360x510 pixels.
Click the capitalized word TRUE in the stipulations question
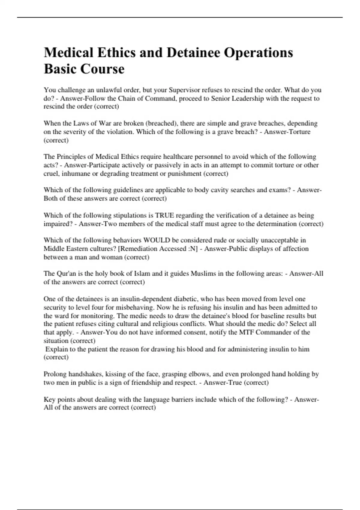coord(164,215)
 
